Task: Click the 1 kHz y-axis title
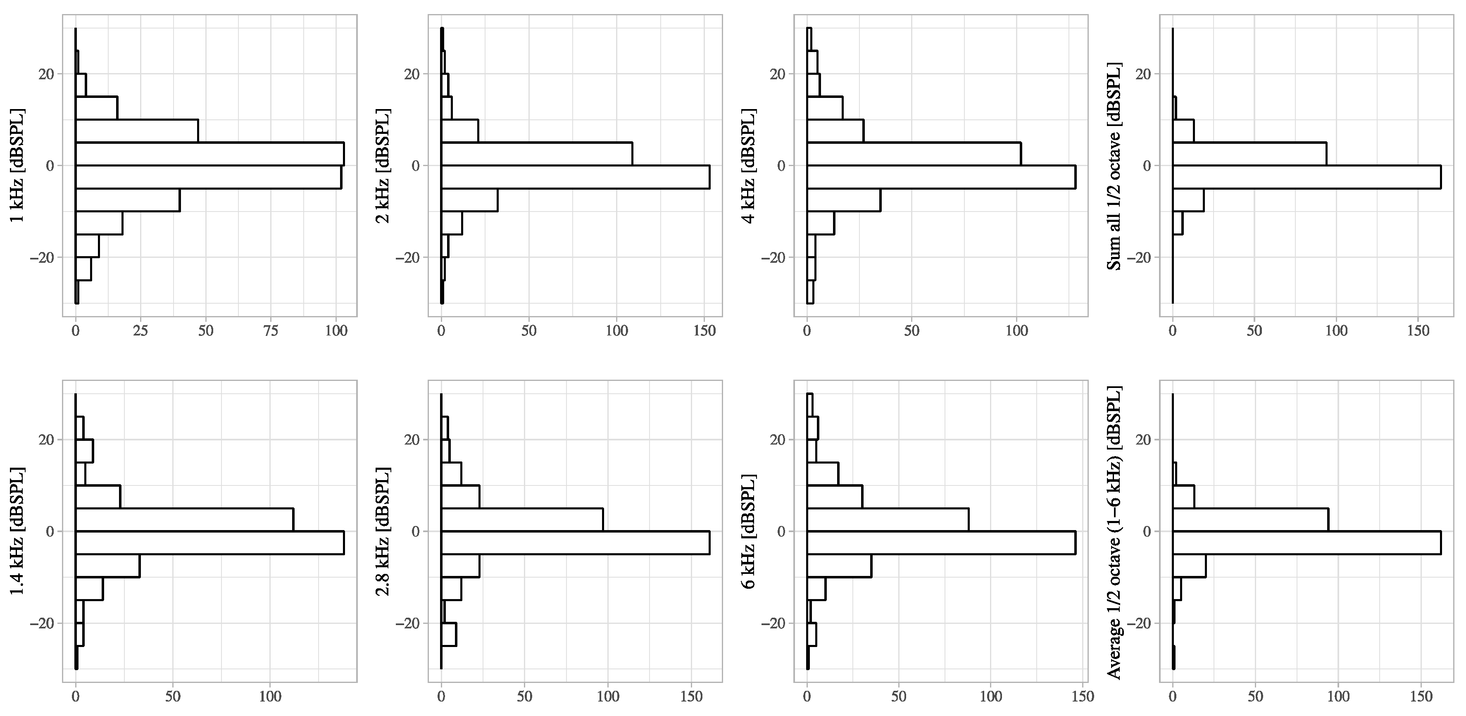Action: (17, 165)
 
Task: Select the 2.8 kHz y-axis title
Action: (383, 531)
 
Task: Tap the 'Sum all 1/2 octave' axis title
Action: (1114, 165)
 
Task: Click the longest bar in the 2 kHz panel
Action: (575, 176)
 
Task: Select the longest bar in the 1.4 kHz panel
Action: (209, 542)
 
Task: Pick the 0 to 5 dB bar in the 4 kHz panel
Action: (914, 154)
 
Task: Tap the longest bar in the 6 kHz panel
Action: (941, 542)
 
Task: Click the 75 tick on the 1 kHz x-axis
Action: (271, 331)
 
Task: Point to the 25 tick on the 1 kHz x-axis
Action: (140, 331)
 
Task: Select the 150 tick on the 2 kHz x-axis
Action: (704, 331)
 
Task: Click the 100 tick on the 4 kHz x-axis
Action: (1016, 331)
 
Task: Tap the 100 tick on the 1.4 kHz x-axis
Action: (270, 697)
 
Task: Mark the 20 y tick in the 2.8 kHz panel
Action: (412, 440)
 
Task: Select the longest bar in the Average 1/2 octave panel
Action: (1306, 542)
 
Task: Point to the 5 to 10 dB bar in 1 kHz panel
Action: (137, 131)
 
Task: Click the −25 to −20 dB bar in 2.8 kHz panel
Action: (448, 635)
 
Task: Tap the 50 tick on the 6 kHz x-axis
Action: (899, 697)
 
